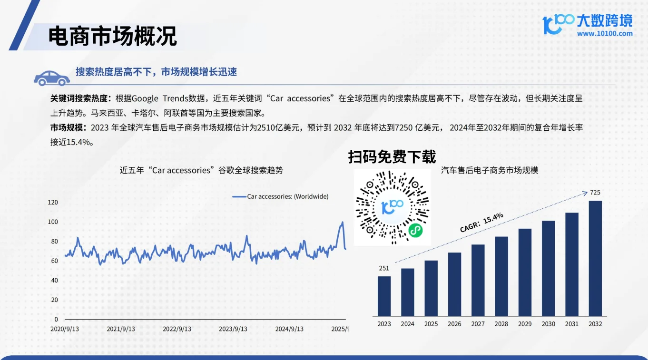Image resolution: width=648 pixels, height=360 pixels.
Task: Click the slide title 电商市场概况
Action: [113, 36]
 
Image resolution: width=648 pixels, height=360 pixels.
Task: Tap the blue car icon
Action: [51, 78]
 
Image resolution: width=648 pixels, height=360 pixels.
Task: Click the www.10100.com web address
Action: [605, 34]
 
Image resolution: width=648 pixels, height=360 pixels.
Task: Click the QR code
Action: [392, 207]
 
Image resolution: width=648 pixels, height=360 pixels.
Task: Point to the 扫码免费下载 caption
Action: [392, 156]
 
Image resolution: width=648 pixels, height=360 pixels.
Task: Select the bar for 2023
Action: [384, 296]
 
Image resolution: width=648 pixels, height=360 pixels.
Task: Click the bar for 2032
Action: [595, 258]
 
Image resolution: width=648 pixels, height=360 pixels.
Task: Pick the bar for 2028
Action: [501, 276]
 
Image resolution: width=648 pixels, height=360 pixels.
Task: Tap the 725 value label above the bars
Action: [595, 193]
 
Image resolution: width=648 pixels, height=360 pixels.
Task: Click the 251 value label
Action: [384, 268]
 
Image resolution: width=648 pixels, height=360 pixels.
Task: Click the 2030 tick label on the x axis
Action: [548, 324]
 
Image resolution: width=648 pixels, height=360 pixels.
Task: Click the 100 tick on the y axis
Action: [52, 222]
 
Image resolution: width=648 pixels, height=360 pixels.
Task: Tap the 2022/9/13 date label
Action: [177, 329]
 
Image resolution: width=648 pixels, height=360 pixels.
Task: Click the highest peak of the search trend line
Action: [342, 222]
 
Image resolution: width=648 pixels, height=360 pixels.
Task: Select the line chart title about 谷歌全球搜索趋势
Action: [201, 170]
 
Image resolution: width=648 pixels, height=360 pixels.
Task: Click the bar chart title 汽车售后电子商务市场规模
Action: [490, 170]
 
